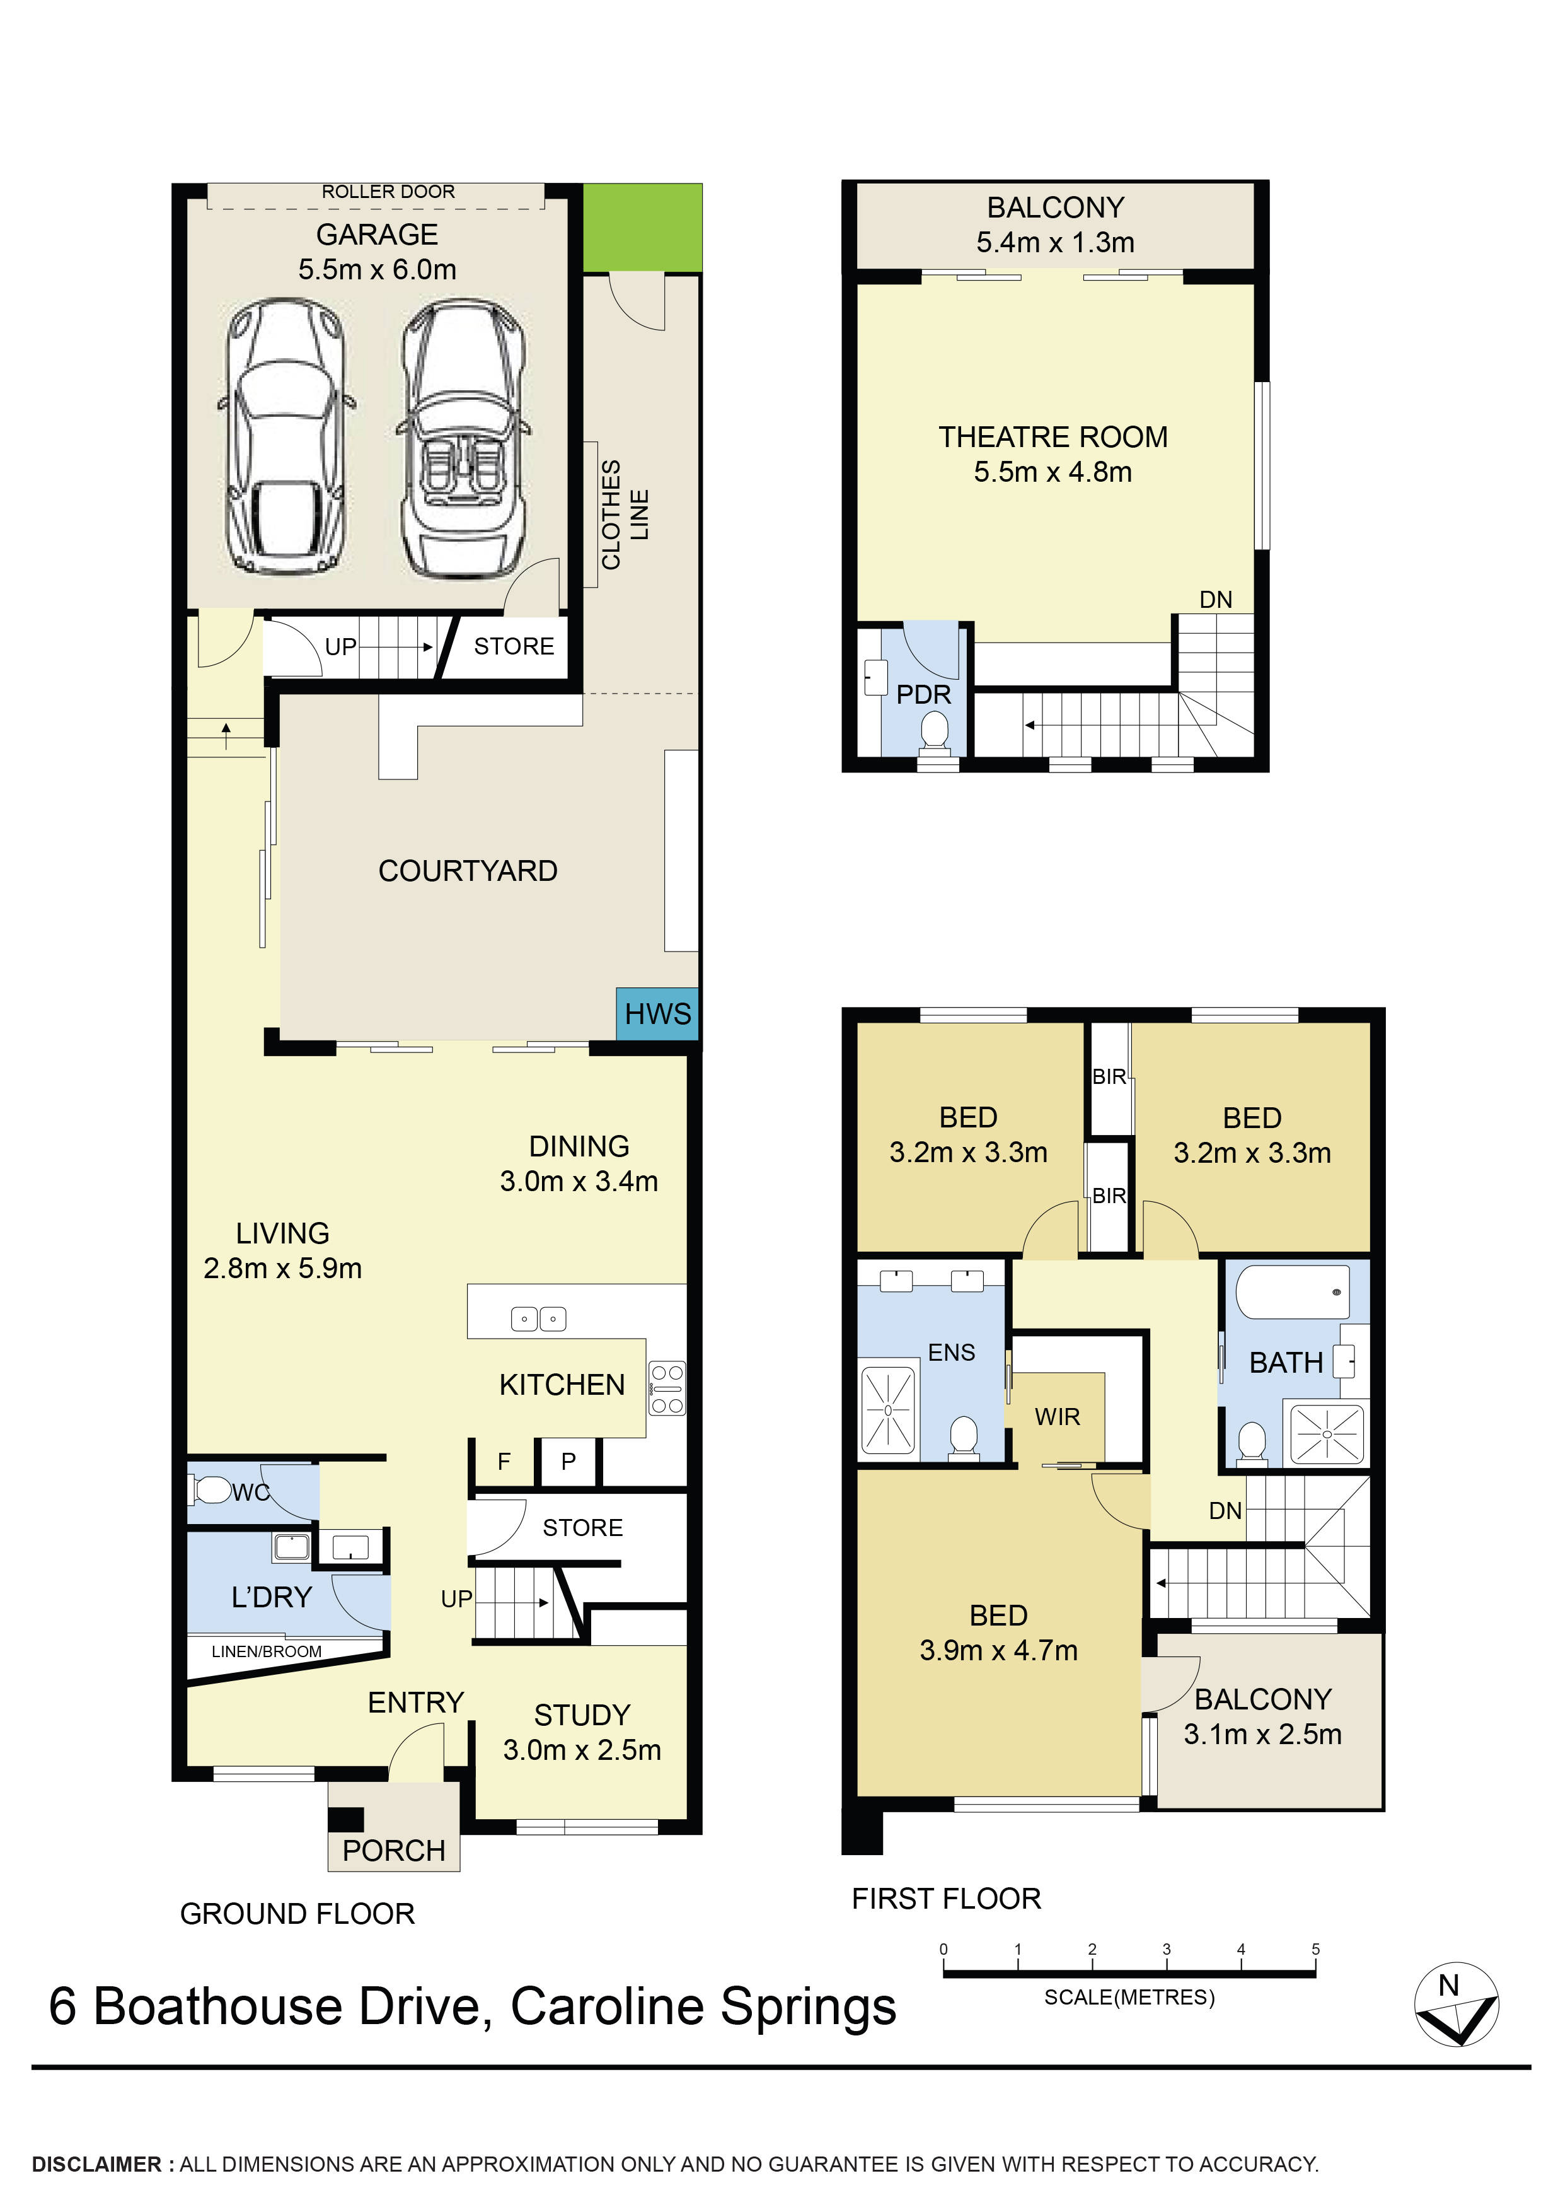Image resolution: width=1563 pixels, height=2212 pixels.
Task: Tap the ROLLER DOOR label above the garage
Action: coord(388,192)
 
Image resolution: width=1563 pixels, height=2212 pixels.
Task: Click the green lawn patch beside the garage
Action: coord(642,228)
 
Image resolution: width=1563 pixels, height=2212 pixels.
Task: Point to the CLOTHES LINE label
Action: coord(625,515)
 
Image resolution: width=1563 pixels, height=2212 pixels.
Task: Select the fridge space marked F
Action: coord(504,1462)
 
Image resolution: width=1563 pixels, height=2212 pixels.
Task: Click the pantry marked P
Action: coord(568,1462)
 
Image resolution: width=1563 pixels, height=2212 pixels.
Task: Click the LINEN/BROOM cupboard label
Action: coord(267,1651)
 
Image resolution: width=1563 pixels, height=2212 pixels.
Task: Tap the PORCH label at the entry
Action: coord(394,1851)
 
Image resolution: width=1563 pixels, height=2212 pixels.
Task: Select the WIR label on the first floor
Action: coord(1058,1417)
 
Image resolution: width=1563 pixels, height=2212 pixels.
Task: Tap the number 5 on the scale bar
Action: coord(1315,1950)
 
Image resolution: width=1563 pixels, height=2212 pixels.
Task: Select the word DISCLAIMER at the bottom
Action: coord(97,2165)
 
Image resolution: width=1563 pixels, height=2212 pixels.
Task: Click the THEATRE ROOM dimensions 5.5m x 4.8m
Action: coord(1053,472)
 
